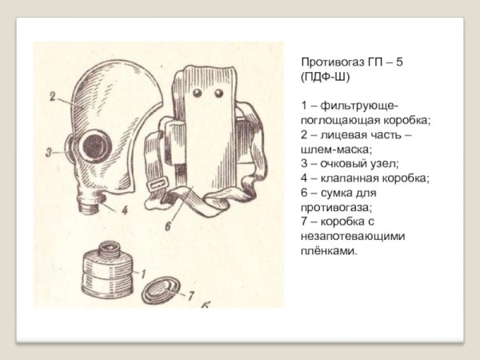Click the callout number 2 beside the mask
coord(51,99)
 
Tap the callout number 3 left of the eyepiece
coord(49,150)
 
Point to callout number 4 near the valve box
coord(124,211)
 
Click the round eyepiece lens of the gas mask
coord(95,146)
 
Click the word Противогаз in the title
coord(332,62)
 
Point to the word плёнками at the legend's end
coord(329,250)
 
